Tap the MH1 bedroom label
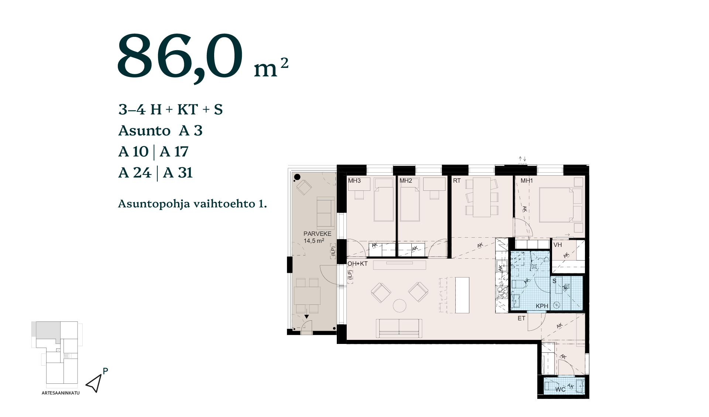(527, 181)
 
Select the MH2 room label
(405, 181)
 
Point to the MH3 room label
(354, 181)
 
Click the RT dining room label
(457, 181)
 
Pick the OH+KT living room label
(357, 263)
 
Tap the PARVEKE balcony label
(317, 234)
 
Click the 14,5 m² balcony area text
(314, 241)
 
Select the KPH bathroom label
(542, 306)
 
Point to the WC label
(560, 389)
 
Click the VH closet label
(558, 245)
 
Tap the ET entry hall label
(521, 318)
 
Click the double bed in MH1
(556, 205)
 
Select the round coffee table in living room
(400, 306)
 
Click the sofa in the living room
(399, 328)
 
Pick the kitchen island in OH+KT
(462, 295)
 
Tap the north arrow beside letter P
(94, 384)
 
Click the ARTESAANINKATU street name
(61, 393)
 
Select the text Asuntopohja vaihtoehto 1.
(192, 204)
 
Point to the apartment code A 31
(178, 172)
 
